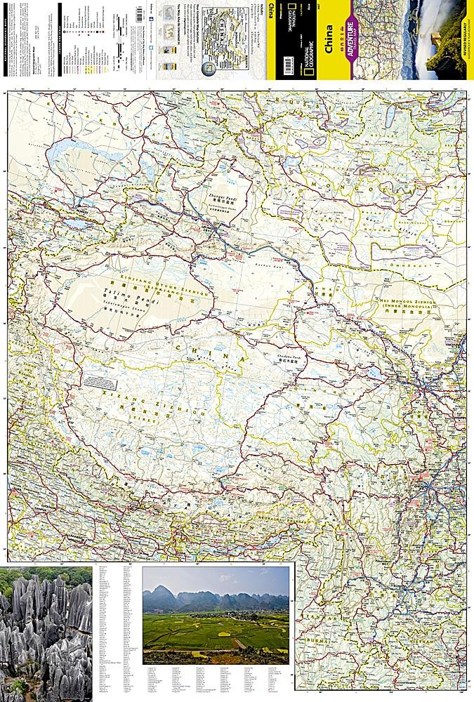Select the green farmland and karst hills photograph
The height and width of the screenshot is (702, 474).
[216, 615]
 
